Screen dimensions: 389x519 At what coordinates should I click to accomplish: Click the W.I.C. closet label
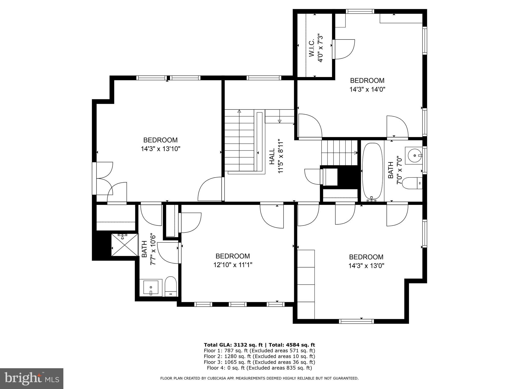311,48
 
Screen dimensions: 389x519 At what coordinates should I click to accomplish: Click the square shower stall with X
125,245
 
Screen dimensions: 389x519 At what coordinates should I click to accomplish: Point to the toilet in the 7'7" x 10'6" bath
171,286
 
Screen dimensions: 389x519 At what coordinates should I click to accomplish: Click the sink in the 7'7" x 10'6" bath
151,287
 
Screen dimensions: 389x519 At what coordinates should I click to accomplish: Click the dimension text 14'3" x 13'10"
160,149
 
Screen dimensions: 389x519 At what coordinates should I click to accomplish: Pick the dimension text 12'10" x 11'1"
233,265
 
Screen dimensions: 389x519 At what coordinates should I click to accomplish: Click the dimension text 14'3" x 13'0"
366,266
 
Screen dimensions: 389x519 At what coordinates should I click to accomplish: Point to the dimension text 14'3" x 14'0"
367,89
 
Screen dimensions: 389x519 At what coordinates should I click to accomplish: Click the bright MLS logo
32,378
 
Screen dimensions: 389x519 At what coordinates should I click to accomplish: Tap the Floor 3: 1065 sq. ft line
259,362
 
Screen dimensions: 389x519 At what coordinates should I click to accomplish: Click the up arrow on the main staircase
239,111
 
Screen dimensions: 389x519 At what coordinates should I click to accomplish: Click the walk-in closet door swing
345,49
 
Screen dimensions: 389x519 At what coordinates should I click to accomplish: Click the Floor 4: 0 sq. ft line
259,368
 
